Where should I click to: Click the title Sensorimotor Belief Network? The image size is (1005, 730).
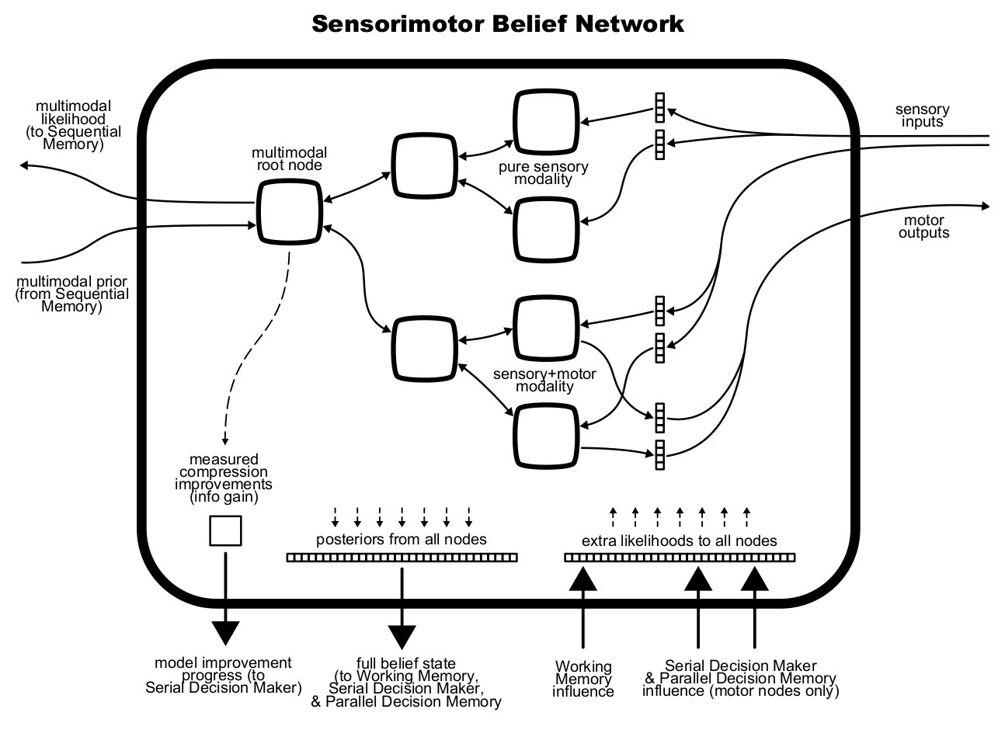498,23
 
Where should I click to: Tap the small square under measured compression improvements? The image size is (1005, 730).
225,531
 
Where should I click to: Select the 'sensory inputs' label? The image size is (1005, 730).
923,116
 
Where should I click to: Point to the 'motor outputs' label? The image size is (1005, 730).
923,227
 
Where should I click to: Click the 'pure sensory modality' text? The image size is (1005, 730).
543,173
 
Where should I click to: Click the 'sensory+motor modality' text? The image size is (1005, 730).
544,381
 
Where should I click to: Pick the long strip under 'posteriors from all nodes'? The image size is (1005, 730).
402,557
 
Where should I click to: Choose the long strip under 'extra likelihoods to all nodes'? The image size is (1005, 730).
680,557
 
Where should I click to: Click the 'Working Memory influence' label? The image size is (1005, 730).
583,679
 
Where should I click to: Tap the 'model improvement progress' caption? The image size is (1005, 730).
224,675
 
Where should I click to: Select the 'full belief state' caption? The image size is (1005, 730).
406,683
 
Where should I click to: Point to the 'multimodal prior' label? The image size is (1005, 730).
72,294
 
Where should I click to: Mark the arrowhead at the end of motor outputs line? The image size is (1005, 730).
986,206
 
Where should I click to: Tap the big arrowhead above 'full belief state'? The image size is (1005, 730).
402,635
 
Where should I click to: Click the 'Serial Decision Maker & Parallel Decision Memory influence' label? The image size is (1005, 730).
740,678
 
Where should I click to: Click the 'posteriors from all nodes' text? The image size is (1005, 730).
402,539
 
